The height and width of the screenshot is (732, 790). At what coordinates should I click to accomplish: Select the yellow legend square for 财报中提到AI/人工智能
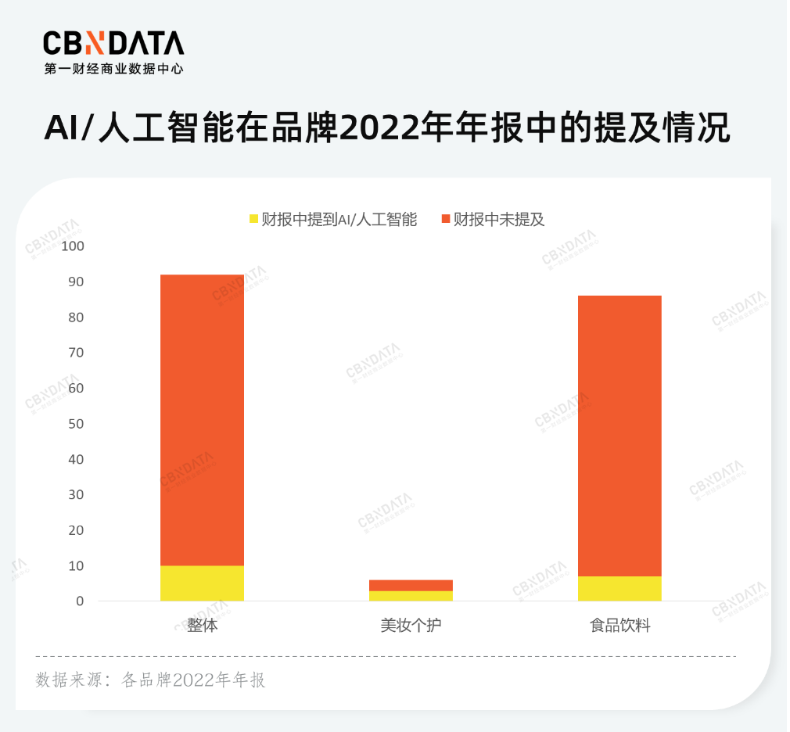pos(253,219)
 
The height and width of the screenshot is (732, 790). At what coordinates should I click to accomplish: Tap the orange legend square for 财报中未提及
pos(446,219)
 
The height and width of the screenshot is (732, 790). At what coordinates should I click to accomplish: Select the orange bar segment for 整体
pos(202,420)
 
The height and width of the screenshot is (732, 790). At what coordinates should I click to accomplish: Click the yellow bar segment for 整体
pos(202,583)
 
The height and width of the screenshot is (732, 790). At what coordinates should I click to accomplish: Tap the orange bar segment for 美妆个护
pos(411,585)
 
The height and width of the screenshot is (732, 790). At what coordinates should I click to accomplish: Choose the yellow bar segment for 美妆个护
pos(411,596)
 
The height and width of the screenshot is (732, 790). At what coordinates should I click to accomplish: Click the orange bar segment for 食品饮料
pos(619,436)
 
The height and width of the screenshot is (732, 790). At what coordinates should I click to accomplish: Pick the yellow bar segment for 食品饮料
pos(619,589)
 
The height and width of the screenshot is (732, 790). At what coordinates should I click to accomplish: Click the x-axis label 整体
pos(202,626)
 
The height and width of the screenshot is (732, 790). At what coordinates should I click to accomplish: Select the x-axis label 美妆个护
pos(411,626)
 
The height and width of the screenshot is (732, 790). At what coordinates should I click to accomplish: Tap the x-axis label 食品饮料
pos(620,626)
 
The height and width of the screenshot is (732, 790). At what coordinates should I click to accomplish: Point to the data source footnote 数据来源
pos(151,680)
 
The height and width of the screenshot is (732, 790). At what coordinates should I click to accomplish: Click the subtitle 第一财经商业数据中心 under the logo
pos(114,69)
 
